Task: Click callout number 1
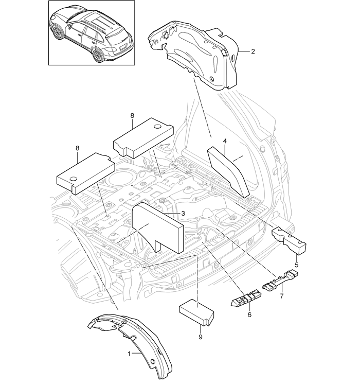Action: pyautogui.click(x=130, y=354)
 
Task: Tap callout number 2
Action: pyautogui.click(x=253, y=51)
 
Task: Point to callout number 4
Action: pyautogui.click(x=225, y=140)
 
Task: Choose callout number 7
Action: pyautogui.click(x=281, y=297)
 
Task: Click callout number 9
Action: pyautogui.click(x=200, y=337)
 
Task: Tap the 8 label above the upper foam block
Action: pyautogui.click(x=132, y=116)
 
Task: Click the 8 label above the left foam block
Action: pyautogui.click(x=78, y=148)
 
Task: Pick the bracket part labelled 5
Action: pyautogui.click(x=289, y=239)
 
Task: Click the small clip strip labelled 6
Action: pyautogui.click(x=246, y=300)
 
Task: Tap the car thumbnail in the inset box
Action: pyautogui.click(x=92, y=33)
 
